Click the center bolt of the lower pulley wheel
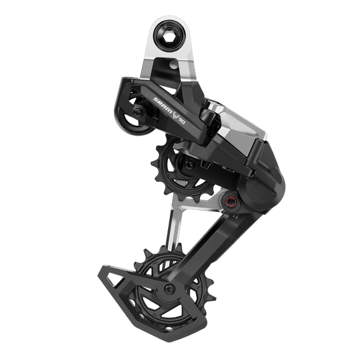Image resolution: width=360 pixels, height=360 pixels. (x=170, y=288)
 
